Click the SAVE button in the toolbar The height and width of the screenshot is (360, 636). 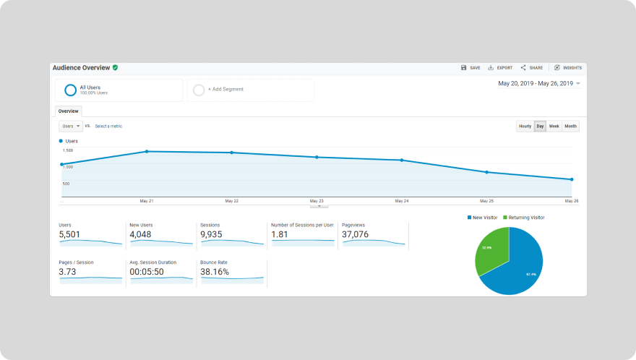(470, 68)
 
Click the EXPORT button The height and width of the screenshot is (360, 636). (500, 68)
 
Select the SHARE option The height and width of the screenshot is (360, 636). (532, 68)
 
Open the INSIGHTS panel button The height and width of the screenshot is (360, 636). (567, 68)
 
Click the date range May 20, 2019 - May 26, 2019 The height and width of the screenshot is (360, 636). (536, 84)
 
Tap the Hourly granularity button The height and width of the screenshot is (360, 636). (525, 127)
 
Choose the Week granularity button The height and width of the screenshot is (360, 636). (554, 127)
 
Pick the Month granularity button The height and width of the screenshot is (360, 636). (570, 127)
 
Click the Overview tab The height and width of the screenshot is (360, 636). (69, 111)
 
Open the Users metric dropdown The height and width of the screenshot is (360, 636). (71, 126)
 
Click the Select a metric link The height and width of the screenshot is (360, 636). (108, 127)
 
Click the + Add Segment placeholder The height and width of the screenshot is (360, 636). (225, 90)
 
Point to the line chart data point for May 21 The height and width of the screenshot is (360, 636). (147, 152)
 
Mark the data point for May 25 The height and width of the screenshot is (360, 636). (486, 172)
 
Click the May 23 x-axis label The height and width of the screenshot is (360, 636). (317, 201)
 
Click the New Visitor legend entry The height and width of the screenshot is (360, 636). (484, 218)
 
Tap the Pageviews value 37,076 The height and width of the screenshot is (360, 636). (355, 235)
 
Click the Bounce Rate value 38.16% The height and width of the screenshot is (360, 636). (215, 273)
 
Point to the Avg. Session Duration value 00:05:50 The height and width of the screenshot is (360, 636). (147, 273)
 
